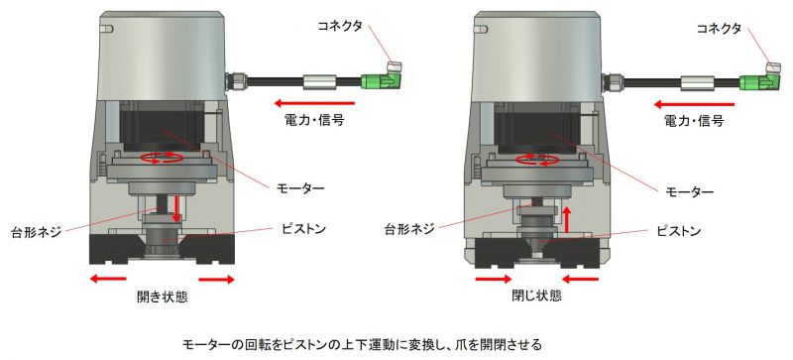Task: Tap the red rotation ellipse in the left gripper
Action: [163, 158]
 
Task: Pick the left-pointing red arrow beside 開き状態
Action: [106, 280]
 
